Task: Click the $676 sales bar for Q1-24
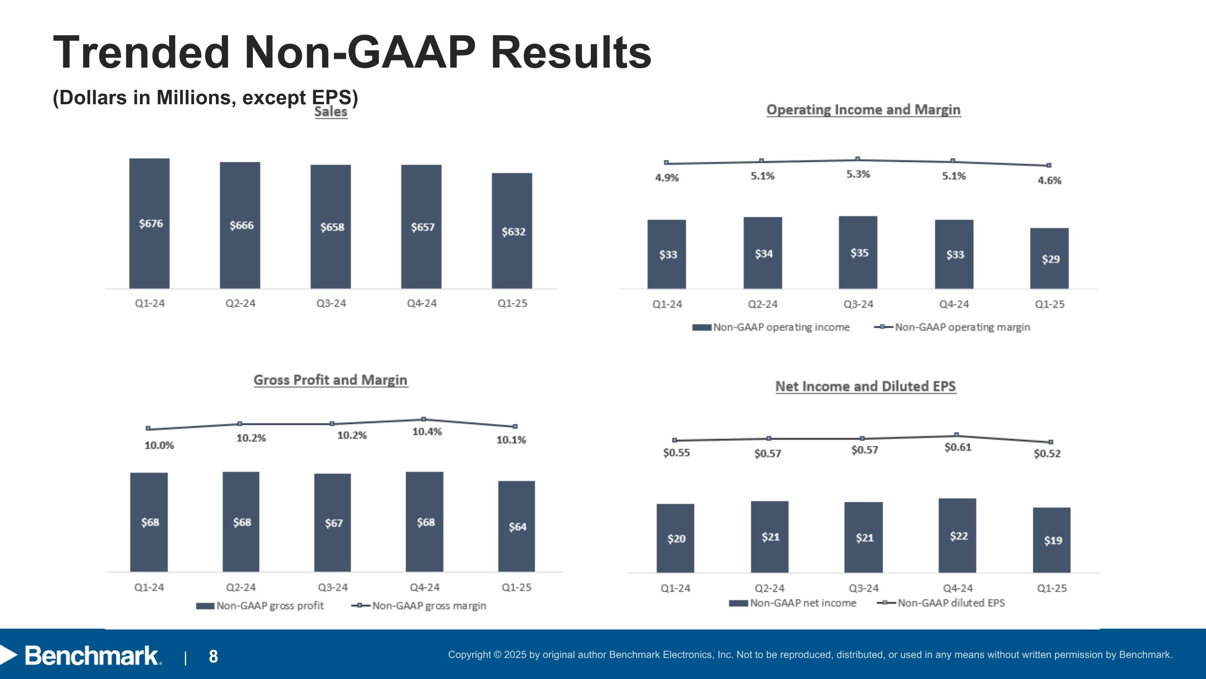click(150, 223)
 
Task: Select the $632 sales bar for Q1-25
click(512, 231)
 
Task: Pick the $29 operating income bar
click(1049, 258)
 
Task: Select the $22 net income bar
click(958, 535)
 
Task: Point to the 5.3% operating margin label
click(858, 174)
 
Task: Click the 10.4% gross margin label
click(427, 431)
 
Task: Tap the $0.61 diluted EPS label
click(958, 448)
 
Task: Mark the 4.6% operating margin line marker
click(1049, 165)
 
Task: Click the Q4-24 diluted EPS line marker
click(956, 435)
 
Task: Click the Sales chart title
click(331, 112)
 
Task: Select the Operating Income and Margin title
click(864, 109)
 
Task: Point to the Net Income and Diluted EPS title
click(866, 387)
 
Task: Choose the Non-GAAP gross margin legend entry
click(418, 606)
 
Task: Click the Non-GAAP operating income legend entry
click(771, 327)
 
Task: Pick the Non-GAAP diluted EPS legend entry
click(941, 603)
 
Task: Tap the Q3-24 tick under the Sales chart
click(331, 303)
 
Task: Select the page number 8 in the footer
click(213, 656)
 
